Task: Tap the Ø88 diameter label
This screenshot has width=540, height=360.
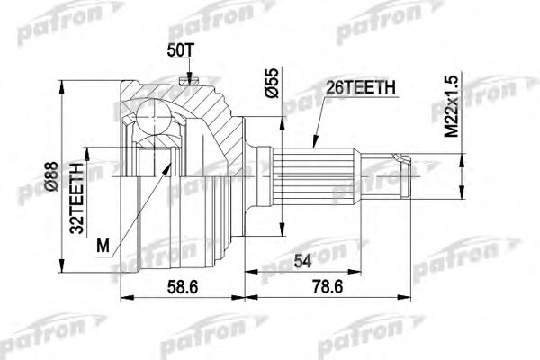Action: tap(53, 176)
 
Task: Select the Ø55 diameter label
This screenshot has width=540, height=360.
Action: tap(272, 83)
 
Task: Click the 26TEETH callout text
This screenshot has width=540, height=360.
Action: tap(360, 88)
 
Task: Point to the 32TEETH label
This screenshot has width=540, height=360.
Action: tap(76, 198)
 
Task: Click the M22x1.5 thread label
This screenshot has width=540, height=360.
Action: tap(452, 106)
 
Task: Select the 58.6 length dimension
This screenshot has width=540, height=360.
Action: tap(183, 286)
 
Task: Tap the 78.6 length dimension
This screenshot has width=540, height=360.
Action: tap(328, 286)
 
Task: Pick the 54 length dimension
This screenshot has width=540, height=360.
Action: tap(302, 261)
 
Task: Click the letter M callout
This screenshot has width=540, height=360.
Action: tap(103, 246)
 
